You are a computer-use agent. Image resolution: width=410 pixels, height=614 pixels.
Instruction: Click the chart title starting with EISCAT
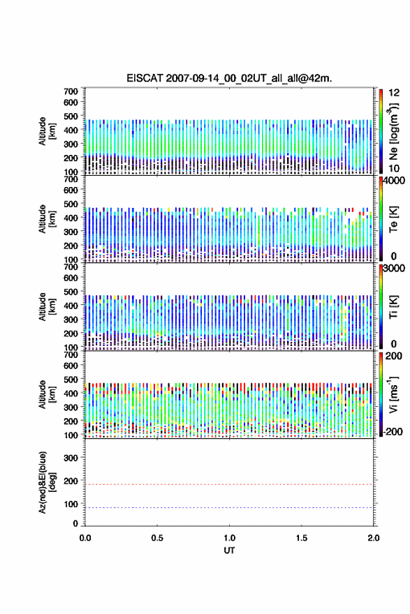[229, 78]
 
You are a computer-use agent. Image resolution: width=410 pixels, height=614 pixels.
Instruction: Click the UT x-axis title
[229, 551]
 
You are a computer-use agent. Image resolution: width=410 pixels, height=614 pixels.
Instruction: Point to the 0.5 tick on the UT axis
[157, 538]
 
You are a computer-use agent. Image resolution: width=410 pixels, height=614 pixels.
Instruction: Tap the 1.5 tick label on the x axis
[302, 538]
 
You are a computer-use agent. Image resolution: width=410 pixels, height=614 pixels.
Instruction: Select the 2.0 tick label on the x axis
[374, 538]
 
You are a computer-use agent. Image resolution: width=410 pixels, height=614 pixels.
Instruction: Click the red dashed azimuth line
[229, 484]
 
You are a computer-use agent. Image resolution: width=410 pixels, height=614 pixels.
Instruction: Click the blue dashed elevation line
[229, 507]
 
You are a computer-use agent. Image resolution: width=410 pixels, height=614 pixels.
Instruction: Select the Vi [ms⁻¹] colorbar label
[393, 394]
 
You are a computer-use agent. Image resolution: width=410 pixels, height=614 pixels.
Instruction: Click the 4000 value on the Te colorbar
[395, 181]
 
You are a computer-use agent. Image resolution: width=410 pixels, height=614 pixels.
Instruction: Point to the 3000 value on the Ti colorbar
[395, 268]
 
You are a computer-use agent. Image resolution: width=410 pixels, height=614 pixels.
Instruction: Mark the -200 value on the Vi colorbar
[393, 431]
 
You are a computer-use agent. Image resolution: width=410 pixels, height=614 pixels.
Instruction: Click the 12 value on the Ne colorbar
[394, 93]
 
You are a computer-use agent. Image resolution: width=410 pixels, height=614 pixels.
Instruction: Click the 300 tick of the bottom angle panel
[71, 458]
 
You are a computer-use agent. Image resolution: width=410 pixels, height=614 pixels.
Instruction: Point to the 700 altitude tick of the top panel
[71, 91]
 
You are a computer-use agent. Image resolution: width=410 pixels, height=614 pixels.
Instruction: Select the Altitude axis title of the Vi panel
[47, 394]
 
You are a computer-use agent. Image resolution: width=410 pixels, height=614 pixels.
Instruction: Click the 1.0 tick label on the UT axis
[229, 538]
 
